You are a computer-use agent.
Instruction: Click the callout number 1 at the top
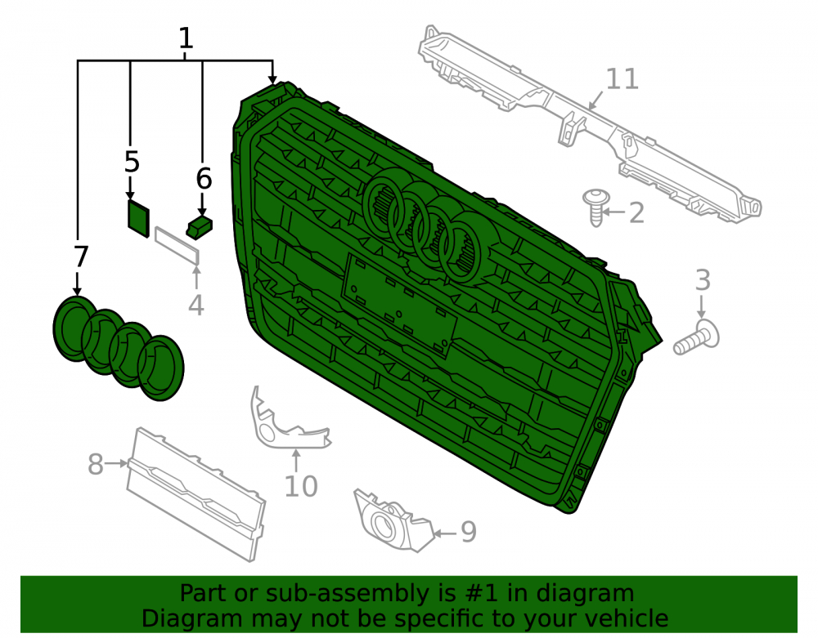186,38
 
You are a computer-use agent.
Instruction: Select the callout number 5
132,162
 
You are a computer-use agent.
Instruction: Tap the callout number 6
204,179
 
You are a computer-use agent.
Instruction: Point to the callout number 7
81,257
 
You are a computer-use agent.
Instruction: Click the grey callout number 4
196,306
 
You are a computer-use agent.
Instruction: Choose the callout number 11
622,79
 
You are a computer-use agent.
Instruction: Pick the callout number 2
636,213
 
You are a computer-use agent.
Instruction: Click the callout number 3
703,279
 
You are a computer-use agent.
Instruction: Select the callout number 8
95,463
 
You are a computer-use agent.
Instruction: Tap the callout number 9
469,532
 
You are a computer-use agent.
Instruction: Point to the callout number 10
301,486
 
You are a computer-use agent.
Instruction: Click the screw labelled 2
596,207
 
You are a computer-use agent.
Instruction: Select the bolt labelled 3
696,338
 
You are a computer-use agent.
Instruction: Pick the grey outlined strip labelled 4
178,245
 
